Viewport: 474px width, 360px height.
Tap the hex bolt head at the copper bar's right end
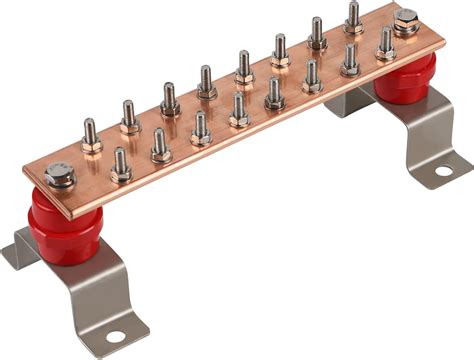point(406,23)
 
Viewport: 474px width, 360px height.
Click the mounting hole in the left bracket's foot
point(116,336)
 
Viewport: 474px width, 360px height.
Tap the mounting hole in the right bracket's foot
point(442,170)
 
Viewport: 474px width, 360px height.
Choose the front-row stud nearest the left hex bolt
point(120,166)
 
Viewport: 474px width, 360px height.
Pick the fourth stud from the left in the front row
point(239,111)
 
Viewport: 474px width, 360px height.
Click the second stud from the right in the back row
point(317,35)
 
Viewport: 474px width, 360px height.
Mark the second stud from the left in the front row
point(160,147)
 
